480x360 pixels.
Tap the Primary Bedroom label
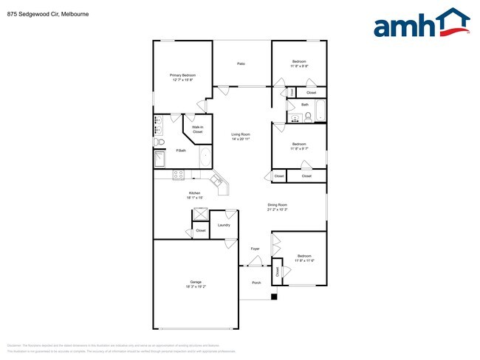pyautogui.click(x=182, y=75)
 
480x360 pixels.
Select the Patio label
pyautogui.click(x=241, y=63)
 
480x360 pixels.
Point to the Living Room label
pyautogui.click(x=241, y=134)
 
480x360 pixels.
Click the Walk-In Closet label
pyautogui.click(x=197, y=129)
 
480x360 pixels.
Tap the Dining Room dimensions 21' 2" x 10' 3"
pyautogui.click(x=277, y=210)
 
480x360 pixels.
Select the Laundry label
pyautogui.click(x=223, y=225)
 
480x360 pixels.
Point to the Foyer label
pyautogui.click(x=255, y=249)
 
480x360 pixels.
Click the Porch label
pyautogui.click(x=256, y=282)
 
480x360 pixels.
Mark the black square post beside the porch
pyautogui.click(x=274, y=297)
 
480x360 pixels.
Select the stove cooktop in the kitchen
pyautogui.click(x=178, y=174)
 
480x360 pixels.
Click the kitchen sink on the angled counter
pyautogui.click(x=217, y=179)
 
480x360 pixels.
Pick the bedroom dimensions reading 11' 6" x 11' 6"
pyautogui.click(x=305, y=260)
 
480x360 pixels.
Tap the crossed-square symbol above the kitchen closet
pyautogui.click(x=199, y=214)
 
